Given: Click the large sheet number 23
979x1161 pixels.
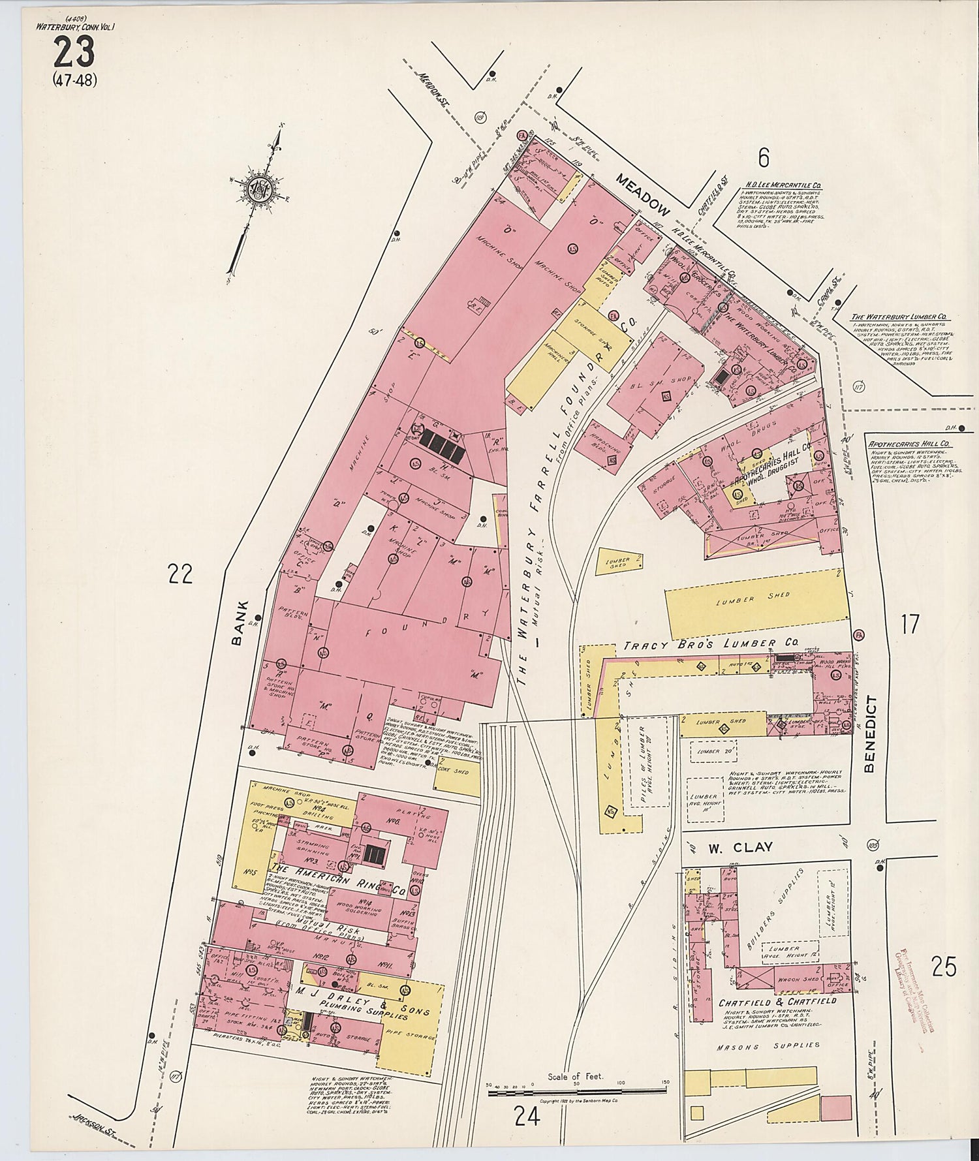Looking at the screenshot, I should (x=74, y=52).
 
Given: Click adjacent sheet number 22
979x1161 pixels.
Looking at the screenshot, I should (x=180, y=574).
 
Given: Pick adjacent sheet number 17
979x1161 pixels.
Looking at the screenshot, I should (x=910, y=624).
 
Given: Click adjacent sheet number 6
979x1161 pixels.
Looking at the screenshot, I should (x=764, y=158).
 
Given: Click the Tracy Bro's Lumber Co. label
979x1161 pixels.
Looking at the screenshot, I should (x=700, y=645).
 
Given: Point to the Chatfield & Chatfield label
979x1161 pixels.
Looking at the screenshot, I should (x=777, y=1001).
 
